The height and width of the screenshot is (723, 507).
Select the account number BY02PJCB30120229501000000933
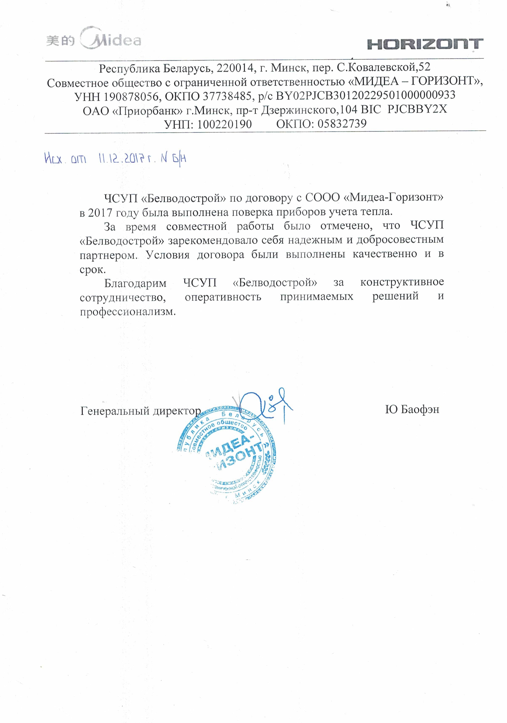[x=366, y=95]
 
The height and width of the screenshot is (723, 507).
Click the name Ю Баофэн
[x=412, y=410]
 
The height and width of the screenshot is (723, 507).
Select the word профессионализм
[x=127, y=312]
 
